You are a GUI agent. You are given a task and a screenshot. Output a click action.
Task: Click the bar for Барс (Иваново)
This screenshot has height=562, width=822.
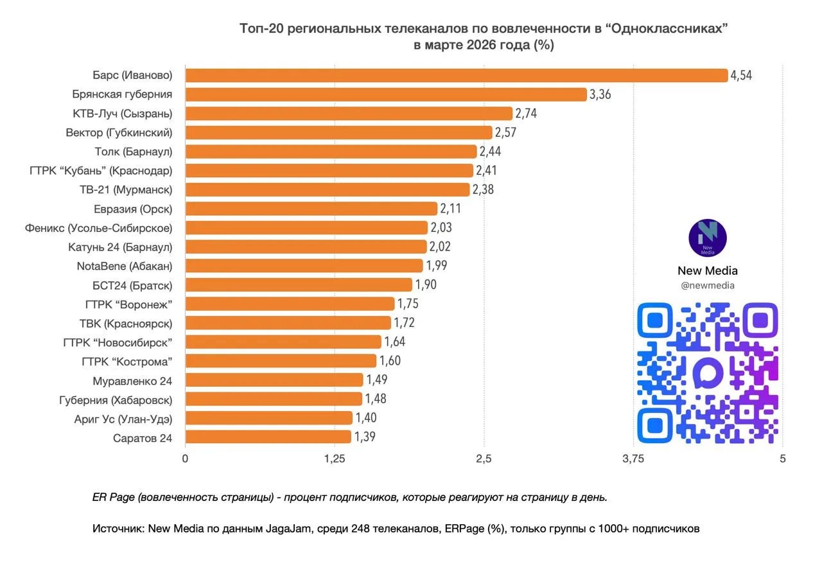click(x=456, y=75)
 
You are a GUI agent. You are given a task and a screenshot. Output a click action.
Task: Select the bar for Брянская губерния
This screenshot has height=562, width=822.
click(x=385, y=94)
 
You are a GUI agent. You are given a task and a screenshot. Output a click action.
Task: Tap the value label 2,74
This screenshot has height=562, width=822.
click(x=525, y=114)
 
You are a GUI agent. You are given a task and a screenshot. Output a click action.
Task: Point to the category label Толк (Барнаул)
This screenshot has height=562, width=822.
click(x=134, y=152)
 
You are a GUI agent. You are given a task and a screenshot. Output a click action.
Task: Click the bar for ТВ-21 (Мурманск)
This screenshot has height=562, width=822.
click(x=327, y=189)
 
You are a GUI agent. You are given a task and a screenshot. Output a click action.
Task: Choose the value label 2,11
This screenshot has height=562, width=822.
click(x=450, y=208)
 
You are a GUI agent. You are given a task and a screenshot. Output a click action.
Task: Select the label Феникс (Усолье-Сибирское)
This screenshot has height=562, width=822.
click(x=98, y=227)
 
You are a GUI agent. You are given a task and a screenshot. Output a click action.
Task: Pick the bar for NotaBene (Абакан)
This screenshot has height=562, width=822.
click(x=304, y=265)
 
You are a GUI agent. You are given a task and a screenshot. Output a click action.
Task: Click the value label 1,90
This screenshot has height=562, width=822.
click(x=425, y=285)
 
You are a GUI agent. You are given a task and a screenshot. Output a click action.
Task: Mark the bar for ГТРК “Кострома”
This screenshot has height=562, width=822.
click(x=281, y=360)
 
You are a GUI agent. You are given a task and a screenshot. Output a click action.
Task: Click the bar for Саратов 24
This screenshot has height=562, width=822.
click(x=268, y=437)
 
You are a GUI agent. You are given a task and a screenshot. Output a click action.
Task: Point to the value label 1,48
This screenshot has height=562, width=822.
click(x=376, y=399)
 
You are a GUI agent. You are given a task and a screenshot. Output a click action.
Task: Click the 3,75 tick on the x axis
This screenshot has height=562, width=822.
click(x=633, y=459)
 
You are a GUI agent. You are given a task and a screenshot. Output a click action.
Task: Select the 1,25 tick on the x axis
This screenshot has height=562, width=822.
click(x=335, y=459)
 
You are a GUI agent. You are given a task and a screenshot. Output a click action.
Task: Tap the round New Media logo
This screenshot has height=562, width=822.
click(x=707, y=238)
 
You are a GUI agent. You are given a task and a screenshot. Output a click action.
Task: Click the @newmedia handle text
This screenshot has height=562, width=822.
click(x=707, y=286)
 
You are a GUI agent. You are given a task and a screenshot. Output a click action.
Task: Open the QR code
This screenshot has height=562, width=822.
click(x=707, y=373)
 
